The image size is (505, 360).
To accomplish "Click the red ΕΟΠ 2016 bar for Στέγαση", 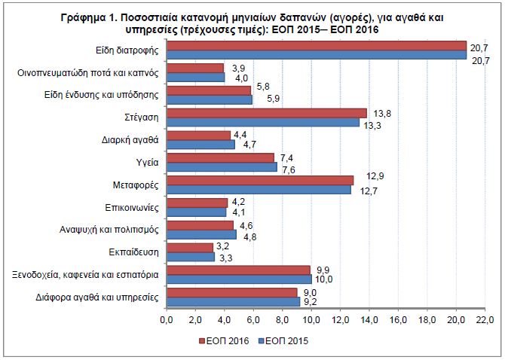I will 266,113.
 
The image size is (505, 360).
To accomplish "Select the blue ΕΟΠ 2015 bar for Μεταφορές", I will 258,190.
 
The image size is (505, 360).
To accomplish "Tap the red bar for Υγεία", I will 219,157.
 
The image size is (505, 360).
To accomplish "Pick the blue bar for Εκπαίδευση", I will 190,257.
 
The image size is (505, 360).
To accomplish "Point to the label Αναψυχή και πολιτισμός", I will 109,230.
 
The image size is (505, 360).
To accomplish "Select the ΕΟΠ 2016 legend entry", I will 222,340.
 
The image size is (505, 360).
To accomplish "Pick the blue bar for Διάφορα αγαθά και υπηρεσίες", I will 233,301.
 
